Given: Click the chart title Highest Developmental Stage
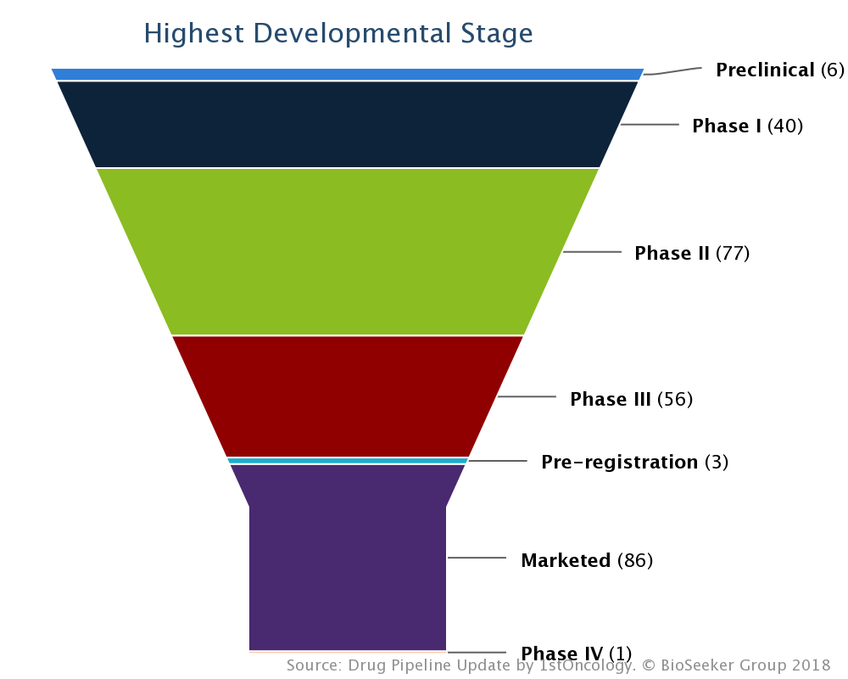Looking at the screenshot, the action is (338, 34).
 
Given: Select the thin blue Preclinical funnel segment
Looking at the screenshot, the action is (348, 74).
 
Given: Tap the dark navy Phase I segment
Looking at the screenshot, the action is (348, 125).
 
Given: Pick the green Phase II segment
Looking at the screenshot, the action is (348, 252).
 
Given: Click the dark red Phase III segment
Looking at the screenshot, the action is (348, 396).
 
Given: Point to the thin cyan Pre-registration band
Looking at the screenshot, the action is (348, 461).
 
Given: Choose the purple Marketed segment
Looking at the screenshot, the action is (348, 558).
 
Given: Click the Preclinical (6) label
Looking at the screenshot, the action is (780, 70).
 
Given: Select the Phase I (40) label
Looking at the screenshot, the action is (747, 126).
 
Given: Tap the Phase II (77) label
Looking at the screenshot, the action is (692, 253).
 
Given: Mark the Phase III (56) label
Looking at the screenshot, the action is (631, 399).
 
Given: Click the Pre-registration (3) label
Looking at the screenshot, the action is (634, 462).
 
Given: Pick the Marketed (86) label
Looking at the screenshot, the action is (587, 560).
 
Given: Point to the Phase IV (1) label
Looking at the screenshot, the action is (576, 653).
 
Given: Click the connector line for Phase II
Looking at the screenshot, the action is (592, 252).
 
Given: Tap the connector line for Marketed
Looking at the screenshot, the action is (477, 558).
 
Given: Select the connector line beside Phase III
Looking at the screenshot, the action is (527, 397).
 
